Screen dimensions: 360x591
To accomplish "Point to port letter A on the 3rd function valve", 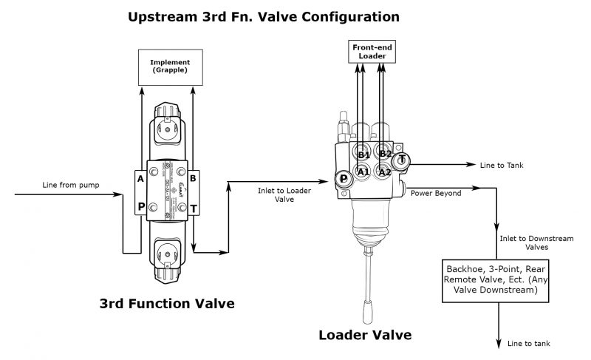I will click(140, 178).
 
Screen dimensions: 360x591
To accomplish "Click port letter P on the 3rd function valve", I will click(140, 208).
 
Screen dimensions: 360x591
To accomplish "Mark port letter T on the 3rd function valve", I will click(194, 208).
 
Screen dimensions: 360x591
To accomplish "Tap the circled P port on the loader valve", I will click(344, 178).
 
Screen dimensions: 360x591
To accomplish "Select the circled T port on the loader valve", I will click(401, 160).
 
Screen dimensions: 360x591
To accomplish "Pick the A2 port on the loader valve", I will click(383, 172).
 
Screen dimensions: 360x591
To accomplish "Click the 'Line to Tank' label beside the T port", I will click(501, 165).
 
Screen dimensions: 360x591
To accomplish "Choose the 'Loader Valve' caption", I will click(364, 334).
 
